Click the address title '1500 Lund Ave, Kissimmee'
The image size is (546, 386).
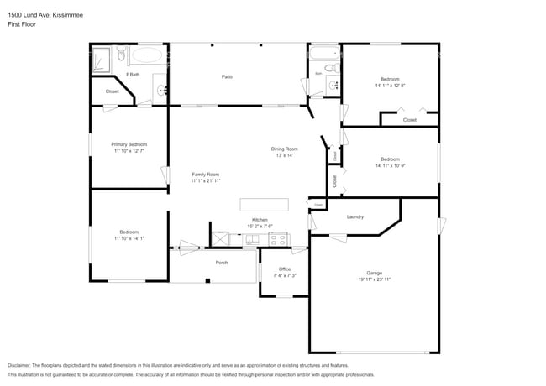(x=39, y=14)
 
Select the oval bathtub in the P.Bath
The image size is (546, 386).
(x=149, y=55)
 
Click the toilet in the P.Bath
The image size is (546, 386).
(x=121, y=56)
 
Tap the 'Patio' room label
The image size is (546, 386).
(x=227, y=76)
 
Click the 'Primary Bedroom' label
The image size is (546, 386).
(x=129, y=144)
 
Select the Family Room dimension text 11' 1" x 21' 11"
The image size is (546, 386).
(x=205, y=180)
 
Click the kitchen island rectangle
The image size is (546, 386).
(x=264, y=205)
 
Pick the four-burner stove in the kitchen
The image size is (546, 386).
(x=278, y=239)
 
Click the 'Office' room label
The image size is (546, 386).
(x=285, y=269)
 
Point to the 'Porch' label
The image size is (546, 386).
(x=222, y=263)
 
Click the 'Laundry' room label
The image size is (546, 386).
(x=355, y=216)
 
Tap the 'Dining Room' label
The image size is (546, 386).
(x=284, y=149)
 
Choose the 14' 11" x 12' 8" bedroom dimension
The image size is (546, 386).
(x=390, y=85)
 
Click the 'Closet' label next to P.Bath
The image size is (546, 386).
(x=112, y=91)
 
